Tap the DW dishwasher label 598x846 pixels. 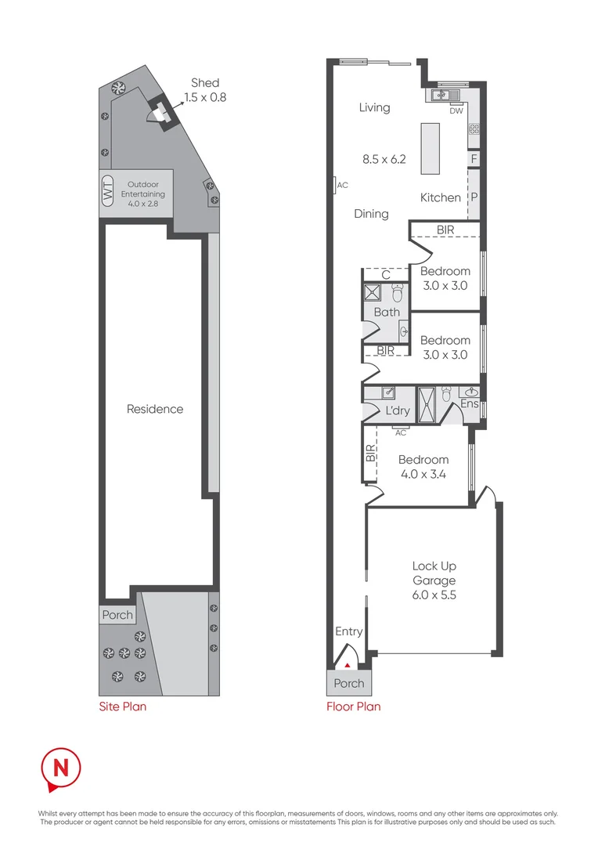coord(456,110)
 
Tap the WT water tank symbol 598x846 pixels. coord(108,190)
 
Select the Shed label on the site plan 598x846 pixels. coord(205,83)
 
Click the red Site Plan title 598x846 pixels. coord(122,707)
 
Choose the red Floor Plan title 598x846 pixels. coord(353,707)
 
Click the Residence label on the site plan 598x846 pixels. coord(155,409)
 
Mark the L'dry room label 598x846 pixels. coord(398,411)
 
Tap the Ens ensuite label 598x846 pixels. coord(470,404)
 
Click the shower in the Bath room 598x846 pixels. coord(371,294)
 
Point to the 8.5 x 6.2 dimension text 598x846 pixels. coord(384,159)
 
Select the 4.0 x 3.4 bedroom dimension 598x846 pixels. coord(423,474)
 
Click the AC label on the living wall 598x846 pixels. coord(342,185)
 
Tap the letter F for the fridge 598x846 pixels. coord(473,159)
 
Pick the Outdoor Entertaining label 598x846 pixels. coord(142,190)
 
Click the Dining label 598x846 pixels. coord(371,213)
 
